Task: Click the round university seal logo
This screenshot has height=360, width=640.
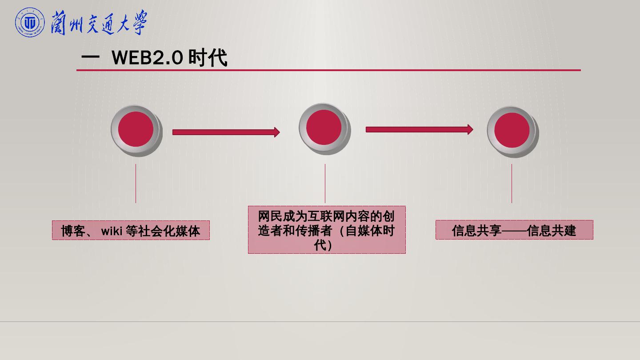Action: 30,22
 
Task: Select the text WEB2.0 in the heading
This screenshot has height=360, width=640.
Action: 147,58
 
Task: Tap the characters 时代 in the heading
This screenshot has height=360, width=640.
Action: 208,58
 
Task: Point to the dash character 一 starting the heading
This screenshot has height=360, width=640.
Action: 90,58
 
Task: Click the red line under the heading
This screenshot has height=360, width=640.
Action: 328,70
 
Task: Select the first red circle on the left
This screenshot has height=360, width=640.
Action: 136,129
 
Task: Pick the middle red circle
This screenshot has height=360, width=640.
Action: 324,128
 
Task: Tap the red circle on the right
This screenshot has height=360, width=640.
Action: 512,130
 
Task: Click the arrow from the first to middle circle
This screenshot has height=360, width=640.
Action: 226,132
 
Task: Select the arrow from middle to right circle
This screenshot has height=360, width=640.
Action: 419,129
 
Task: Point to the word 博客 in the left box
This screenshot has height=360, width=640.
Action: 74,231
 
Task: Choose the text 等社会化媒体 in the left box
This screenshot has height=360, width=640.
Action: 163,231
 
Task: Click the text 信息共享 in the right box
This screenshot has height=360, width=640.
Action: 476,231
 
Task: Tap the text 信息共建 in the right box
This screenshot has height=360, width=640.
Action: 552,231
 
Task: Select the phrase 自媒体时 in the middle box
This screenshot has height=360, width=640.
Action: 370,231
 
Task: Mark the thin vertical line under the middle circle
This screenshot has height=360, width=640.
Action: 325,183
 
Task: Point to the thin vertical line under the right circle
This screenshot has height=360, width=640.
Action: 512,183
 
